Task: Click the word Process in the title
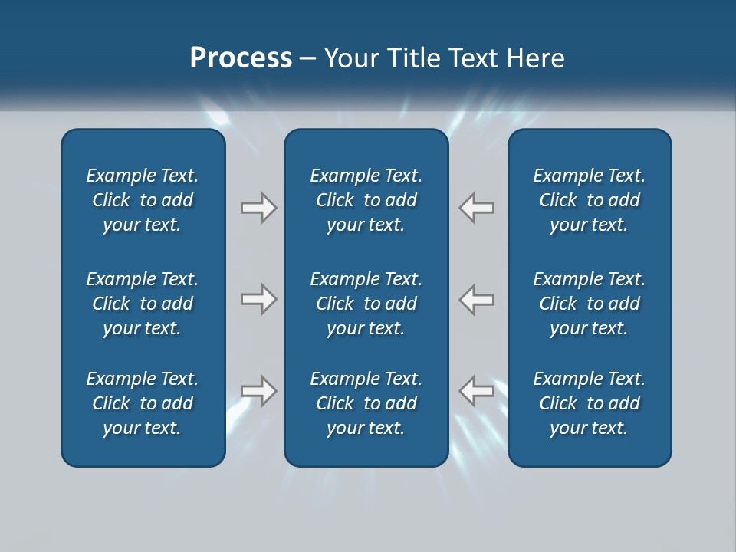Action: point(241,58)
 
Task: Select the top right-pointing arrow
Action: point(259,208)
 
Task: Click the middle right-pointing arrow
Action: point(259,299)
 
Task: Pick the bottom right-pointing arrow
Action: point(259,391)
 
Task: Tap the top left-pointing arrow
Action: point(476,208)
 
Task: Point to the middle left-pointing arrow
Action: point(476,299)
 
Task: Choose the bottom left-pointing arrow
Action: point(476,391)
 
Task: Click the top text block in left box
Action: point(143,200)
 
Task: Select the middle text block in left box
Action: point(143,304)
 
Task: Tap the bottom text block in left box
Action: point(143,403)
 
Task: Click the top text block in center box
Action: point(366,200)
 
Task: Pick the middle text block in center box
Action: point(366,304)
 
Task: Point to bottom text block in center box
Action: point(366,403)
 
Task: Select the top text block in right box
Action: point(589,200)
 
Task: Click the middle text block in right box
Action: point(589,304)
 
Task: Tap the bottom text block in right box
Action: point(589,403)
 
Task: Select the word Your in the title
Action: point(352,58)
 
